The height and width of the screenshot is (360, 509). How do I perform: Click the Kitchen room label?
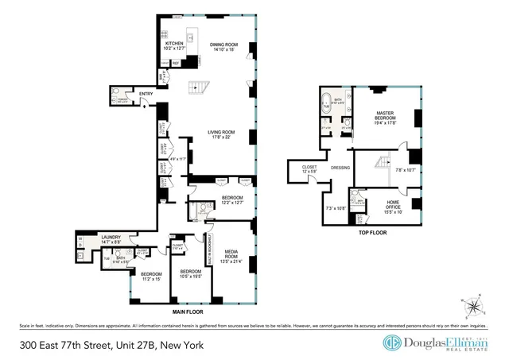point(174,44)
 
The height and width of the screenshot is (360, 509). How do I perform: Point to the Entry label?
point(146,95)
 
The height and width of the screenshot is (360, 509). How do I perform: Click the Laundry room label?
point(111,236)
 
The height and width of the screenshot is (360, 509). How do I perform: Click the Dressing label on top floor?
point(341,168)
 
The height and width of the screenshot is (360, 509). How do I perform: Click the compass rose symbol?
point(473,304)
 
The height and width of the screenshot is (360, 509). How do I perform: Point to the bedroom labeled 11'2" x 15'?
point(151,276)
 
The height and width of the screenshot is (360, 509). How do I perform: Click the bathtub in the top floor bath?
point(325,103)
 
